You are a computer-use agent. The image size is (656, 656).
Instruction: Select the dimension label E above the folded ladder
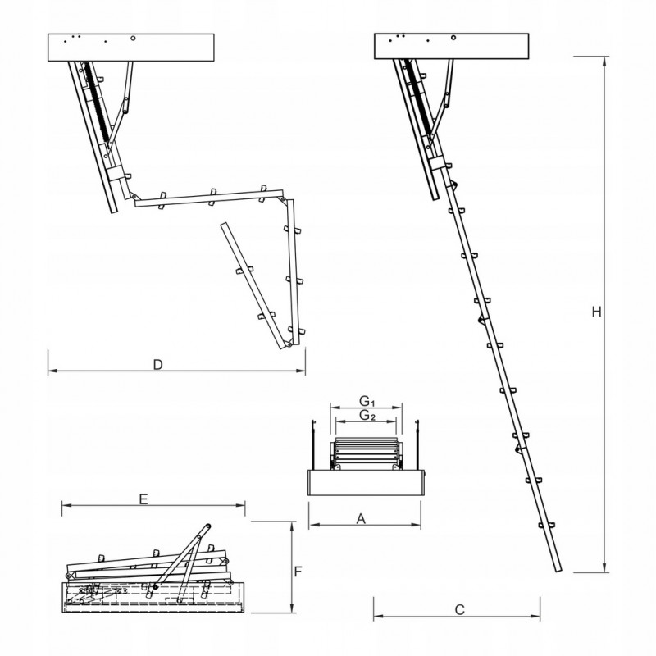point(143,499)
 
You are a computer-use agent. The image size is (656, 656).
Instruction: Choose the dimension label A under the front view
point(362,518)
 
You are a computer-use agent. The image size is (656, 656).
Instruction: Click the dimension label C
point(460,609)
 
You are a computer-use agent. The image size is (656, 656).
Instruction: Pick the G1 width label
point(367,401)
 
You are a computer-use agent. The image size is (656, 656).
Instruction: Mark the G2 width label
point(367,417)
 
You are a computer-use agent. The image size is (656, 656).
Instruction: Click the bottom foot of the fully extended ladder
point(557,569)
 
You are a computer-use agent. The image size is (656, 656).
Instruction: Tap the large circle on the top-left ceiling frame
point(134,38)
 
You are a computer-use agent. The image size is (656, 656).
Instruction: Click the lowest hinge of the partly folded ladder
point(289,344)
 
